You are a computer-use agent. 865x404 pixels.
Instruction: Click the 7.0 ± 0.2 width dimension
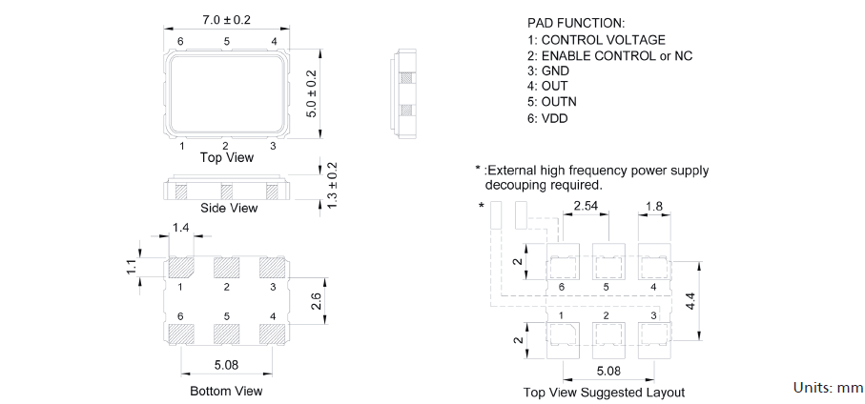coord(227,20)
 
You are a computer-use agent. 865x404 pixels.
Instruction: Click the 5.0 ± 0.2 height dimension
coord(311,92)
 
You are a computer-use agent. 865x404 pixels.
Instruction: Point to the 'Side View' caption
coord(228,208)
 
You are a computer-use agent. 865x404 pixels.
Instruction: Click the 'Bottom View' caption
coord(226,391)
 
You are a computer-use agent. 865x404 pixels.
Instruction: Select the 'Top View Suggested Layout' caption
coord(604,393)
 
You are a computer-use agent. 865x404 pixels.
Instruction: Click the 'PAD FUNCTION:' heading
coord(575,22)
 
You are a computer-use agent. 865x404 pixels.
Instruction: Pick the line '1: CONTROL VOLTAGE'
coord(596,40)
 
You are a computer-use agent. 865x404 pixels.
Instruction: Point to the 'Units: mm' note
coord(828,388)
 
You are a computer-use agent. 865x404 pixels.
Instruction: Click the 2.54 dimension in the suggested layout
coord(586,206)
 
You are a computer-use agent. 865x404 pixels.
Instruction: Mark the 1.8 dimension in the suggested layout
coord(654,206)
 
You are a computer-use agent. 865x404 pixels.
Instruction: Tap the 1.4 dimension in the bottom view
coord(181,227)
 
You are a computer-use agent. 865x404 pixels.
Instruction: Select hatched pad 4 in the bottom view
coord(273,334)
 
